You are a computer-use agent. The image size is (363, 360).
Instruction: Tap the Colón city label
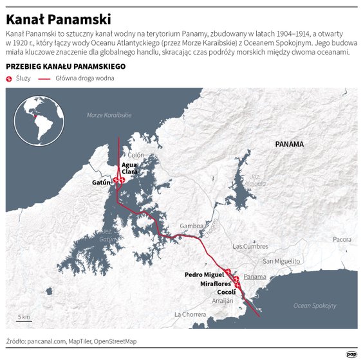tap(135, 155)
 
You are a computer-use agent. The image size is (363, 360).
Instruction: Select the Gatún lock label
tap(102, 183)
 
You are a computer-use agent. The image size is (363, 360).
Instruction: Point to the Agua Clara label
tap(129, 168)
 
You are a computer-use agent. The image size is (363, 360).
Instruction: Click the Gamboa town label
tap(192, 226)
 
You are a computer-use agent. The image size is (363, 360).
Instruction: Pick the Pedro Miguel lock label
tap(204, 274)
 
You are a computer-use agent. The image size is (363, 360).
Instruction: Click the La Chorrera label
tap(191, 314)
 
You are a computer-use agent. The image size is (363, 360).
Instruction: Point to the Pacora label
tap(342, 239)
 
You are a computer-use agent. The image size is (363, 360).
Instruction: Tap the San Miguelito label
tap(281, 261)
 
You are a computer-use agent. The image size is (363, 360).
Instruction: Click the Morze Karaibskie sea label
tap(109, 115)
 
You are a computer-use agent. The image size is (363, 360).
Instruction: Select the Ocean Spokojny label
tap(315, 305)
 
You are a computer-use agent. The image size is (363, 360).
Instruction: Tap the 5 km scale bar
tap(24, 319)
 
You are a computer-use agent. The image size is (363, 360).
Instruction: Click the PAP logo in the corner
tap(351, 352)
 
